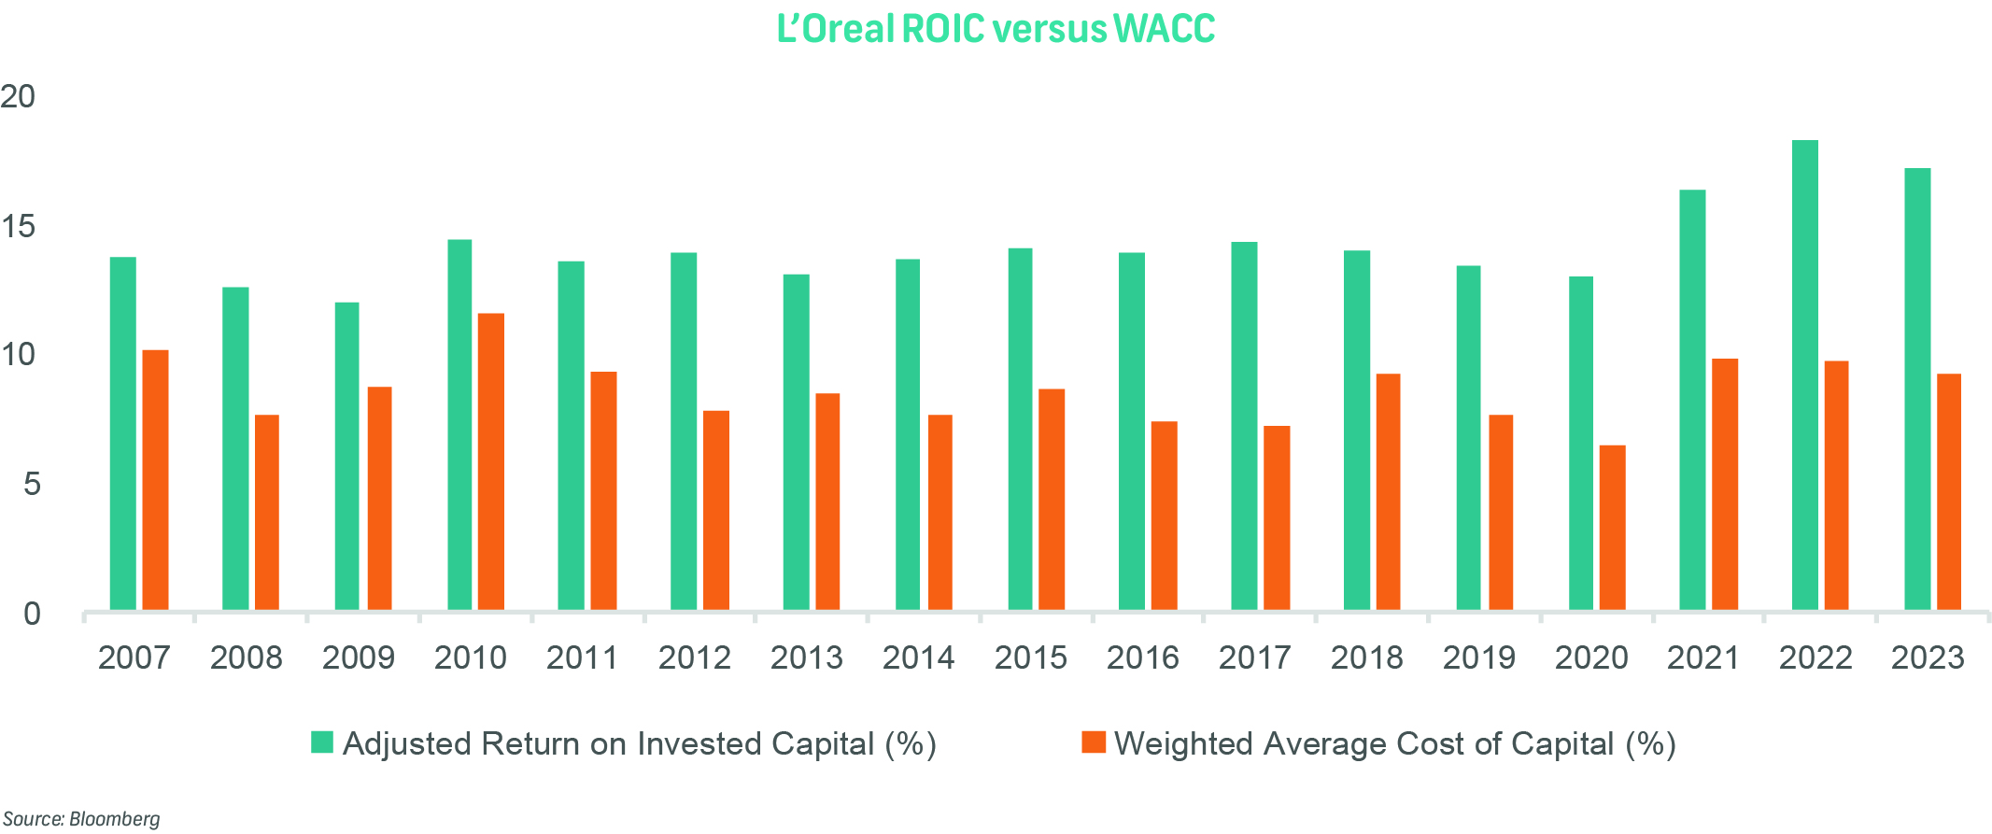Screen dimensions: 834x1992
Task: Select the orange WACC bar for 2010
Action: coord(491,462)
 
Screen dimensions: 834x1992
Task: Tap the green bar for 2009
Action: coord(346,457)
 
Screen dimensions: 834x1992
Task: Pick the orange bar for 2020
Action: coord(1612,528)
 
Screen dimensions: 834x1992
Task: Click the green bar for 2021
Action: coord(1692,401)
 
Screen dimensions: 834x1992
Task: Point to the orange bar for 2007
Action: coord(155,480)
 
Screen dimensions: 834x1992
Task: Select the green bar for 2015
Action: coord(1020,430)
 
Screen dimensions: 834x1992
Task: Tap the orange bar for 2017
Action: coord(1277,518)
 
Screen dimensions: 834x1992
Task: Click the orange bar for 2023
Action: coord(1949,492)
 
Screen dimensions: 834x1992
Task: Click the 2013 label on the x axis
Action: coord(806,657)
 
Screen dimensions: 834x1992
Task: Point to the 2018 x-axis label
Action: coord(1366,657)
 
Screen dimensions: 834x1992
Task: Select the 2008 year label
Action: coord(246,657)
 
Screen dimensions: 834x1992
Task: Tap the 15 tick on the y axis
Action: coord(18,226)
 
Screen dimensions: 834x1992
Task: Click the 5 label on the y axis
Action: coord(32,484)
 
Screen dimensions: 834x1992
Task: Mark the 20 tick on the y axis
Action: coord(18,96)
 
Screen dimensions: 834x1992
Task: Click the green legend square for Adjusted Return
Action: coord(322,742)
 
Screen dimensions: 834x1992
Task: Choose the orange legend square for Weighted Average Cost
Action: coord(1094,742)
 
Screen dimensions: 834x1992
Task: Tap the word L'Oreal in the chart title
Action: coord(836,29)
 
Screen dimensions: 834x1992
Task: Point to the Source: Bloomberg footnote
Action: coord(81,819)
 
